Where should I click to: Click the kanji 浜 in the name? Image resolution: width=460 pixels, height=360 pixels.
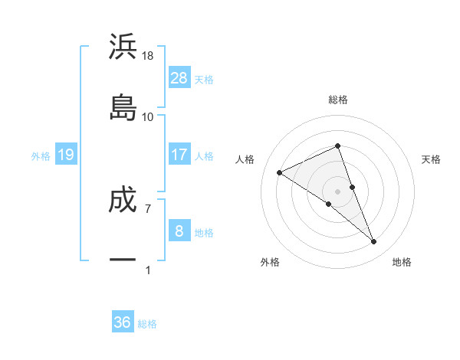(123, 47)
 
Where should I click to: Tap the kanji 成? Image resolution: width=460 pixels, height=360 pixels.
(123, 199)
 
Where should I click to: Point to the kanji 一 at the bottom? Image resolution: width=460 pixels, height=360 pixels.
(123, 260)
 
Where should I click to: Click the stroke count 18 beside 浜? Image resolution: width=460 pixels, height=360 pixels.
(149, 56)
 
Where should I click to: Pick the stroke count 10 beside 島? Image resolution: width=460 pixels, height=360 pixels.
(148, 116)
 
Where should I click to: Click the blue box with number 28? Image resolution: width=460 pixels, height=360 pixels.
(179, 77)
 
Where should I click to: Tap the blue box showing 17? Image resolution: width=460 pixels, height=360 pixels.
(179, 155)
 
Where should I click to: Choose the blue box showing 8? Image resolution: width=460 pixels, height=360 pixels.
(179, 231)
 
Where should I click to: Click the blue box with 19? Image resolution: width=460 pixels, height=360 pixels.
(65, 155)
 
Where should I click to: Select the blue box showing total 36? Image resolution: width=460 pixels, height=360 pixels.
(123, 322)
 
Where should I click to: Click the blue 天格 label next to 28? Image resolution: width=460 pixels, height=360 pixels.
(204, 79)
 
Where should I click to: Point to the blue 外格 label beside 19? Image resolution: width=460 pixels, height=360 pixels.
(41, 156)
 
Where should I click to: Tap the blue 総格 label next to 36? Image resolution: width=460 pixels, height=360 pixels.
(147, 324)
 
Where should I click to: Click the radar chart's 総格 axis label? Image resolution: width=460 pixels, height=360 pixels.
(337, 100)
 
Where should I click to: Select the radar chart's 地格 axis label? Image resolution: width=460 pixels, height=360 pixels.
(402, 262)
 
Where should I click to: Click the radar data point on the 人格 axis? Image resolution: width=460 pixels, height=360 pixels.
(280, 172)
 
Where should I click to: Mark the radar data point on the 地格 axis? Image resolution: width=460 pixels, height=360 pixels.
(373, 241)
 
